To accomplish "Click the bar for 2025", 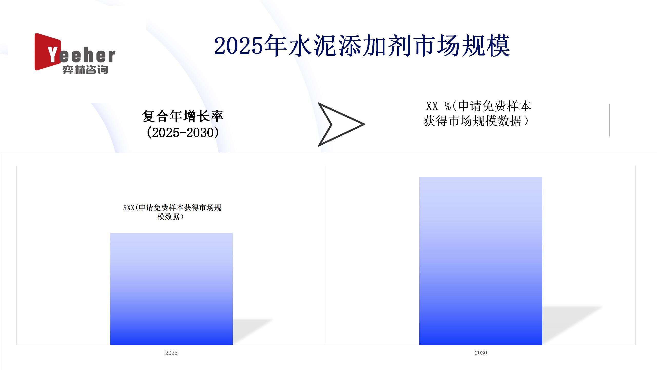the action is tap(171, 289).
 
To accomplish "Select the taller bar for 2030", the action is tap(481, 261).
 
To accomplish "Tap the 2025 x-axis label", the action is tap(171, 353).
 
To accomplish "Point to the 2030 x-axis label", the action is tap(481, 353).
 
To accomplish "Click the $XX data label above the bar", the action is tap(172, 212).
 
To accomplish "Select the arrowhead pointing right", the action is tap(341, 124).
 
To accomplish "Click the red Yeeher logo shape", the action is tap(48, 52).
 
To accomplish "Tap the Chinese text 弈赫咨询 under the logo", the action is tap(85, 70).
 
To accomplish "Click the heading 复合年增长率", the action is tap(183, 116).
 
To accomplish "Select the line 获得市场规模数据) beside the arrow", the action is tap(476, 121).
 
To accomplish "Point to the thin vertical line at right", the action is tap(609, 120).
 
